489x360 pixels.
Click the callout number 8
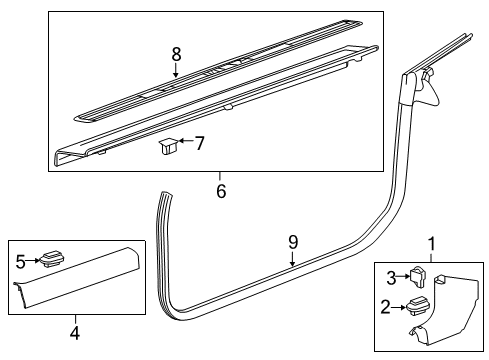pos(176,54)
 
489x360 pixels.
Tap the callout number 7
pos(199,143)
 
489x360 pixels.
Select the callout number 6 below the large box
pos(221,191)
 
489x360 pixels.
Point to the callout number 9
pos(293,242)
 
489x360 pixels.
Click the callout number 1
pos(432,244)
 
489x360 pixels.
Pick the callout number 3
pos(391,278)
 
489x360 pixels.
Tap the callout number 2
pos(385,307)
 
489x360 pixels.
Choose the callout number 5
pos(21,262)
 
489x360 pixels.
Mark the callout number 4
pos(75,332)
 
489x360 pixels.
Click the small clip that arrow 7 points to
pos(168,146)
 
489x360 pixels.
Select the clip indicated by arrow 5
pos(52,259)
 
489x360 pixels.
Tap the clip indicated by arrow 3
pos(417,277)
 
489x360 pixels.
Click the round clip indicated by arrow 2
pos(419,306)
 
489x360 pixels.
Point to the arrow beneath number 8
pos(176,71)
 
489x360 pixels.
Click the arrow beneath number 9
pos(292,259)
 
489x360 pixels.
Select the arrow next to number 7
pos(186,141)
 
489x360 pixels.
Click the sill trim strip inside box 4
pos(76,277)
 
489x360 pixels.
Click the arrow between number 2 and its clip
pos(399,307)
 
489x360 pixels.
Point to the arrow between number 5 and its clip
pos(33,261)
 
